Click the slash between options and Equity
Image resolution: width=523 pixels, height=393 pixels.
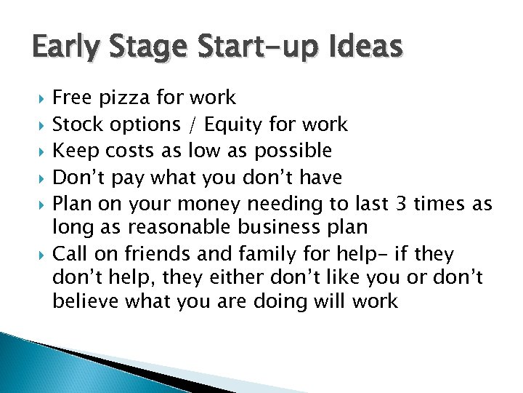(x=192, y=124)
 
